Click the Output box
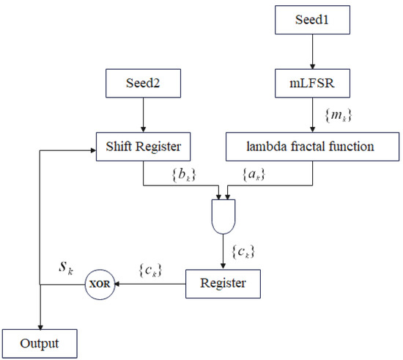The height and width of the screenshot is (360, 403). tap(41, 342)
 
